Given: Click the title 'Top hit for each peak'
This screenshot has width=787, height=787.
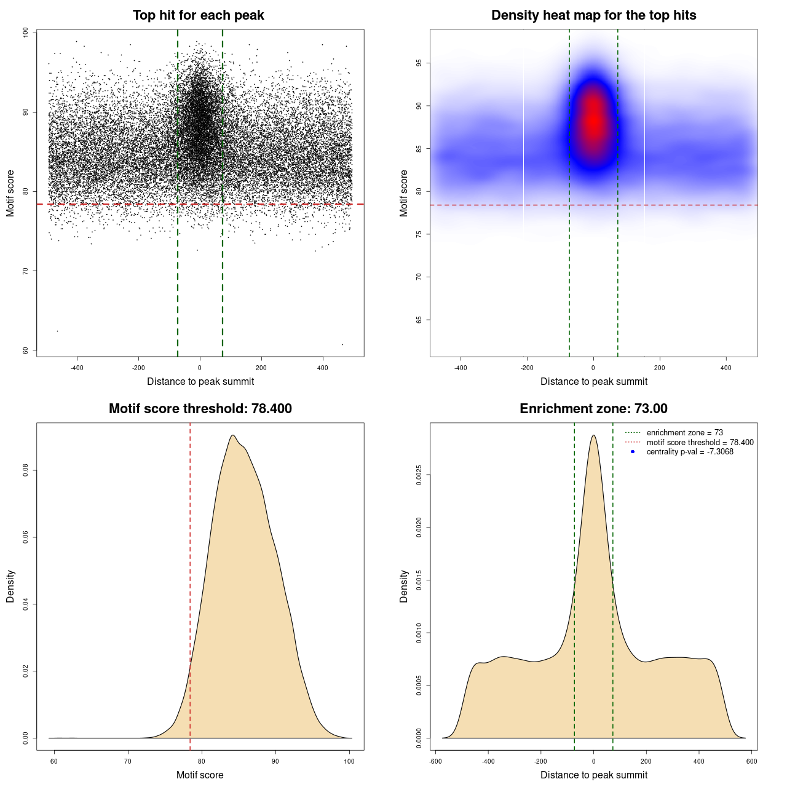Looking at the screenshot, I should point(198,15).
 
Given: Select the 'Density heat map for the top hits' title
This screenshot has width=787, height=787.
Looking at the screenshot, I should point(593,15).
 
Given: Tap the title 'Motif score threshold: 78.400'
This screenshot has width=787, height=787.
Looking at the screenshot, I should point(200,409).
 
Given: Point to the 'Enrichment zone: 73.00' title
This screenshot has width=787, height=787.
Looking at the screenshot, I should point(593,409).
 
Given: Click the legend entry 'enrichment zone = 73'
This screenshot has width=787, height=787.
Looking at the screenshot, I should point(684,433).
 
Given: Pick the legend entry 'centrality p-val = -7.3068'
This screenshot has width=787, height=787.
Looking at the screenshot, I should point(690,452).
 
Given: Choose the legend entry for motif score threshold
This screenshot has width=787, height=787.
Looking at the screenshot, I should point(700,443).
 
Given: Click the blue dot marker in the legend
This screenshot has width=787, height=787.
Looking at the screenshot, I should point(633,452).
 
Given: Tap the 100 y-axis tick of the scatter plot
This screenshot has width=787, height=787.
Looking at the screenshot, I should point(26,33).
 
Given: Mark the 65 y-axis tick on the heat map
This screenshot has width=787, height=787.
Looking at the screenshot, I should point(419,320).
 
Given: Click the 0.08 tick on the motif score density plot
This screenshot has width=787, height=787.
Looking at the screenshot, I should point(26,471).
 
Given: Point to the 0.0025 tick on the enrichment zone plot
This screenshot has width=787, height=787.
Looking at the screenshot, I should point(419,475).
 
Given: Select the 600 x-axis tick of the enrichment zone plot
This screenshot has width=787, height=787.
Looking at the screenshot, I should point(751,762).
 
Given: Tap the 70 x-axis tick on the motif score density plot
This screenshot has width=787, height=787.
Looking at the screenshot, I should point(128,762).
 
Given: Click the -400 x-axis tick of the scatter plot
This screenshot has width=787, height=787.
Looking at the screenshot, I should point(77,368).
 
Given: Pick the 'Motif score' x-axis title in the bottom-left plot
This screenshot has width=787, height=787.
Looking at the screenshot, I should point(200,775).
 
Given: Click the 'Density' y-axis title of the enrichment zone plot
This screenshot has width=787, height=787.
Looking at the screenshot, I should point(404,586).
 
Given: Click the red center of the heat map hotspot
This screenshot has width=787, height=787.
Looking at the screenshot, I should point(593,120).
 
